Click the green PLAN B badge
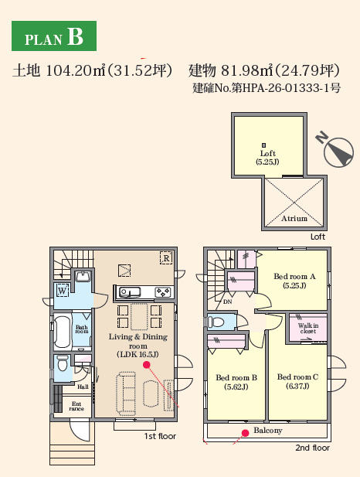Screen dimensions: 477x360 tap(54, 37)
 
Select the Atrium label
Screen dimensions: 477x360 tap(294, 219)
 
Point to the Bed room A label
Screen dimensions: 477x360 tap(294, 280)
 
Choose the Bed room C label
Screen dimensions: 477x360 tap(297, 382)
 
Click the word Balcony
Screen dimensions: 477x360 tap(268, 431)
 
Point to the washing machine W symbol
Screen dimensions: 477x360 tap(62, 291)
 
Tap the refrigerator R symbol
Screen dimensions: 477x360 tap(165, 257)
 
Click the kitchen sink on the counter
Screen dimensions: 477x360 tap(127, 292)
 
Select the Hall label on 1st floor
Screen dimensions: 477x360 tap(83, 387)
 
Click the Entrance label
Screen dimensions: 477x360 tap(77, 406)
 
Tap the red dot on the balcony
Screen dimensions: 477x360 tap(246, 433)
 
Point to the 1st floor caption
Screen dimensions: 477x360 tap(160, 437)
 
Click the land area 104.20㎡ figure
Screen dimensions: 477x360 tap(75, 71)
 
